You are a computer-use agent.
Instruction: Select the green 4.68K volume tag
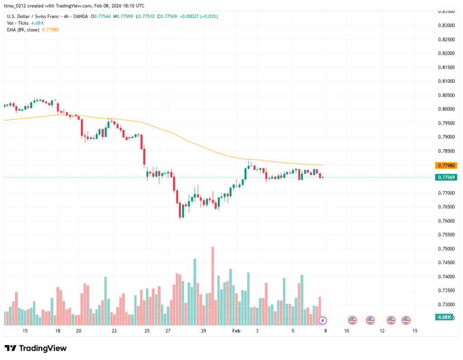[x=445, y=317]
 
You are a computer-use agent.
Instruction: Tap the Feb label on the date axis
[x=236, y=331]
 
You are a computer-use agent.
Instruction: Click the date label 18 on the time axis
[x=58, y=331]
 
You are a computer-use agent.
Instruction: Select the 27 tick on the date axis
[x=168, y=331]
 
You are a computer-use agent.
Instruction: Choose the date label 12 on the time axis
[x=382, y=331]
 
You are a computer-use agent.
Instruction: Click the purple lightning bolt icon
[x=323, y=321]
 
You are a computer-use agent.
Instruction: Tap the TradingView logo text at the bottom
[x=36, y=348]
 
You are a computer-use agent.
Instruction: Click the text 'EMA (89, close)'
[x=23, y=29]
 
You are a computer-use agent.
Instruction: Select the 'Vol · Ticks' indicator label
[x=17, y=23]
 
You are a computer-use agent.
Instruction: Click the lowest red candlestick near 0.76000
[x=180, y=210]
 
